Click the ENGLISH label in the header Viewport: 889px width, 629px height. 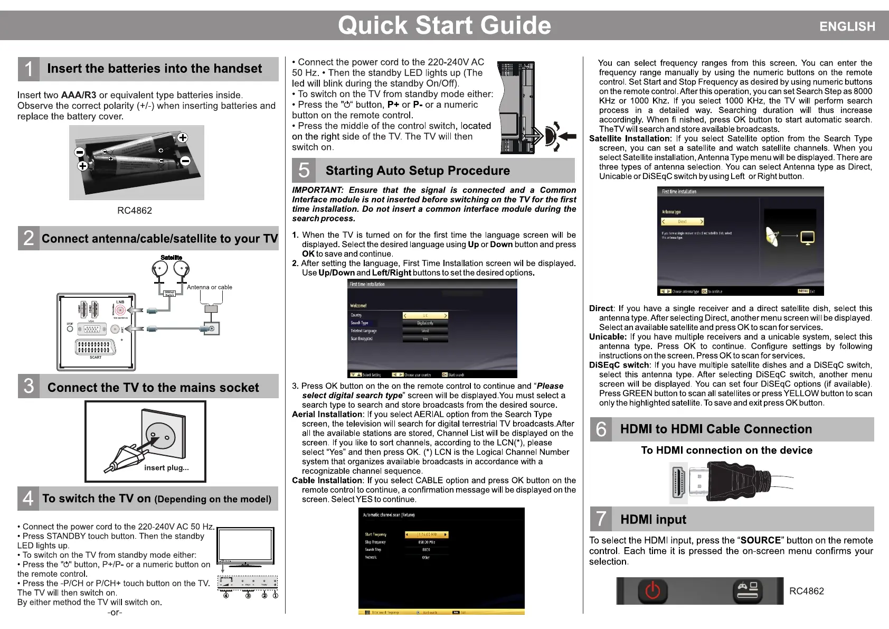(x=847, y=26)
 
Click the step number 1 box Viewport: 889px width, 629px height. (x=29, y=69)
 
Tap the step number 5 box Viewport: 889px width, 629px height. (x=304, y=170)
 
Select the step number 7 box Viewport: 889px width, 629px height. (x=601, y=519)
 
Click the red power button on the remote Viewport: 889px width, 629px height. (x=652, y=590)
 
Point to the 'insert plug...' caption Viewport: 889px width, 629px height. (x=166, y=467)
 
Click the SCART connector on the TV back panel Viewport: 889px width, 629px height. (x=96, y=347)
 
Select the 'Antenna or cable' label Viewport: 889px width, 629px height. (x=209, y=287)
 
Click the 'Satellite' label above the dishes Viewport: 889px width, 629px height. (x=171, y=258)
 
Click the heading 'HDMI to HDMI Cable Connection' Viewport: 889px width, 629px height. (x=716, y=429)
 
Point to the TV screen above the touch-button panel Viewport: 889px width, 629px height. (x=245, y=545)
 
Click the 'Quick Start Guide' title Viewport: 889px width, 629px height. (x=444, y=25)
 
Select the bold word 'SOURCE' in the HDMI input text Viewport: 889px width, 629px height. (x=760, y=540)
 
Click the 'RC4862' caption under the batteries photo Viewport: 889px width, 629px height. (x=135, y=210)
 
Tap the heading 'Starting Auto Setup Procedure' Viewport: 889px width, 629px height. (x=418, y=171)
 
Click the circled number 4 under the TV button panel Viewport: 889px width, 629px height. (x=226, y=595)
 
